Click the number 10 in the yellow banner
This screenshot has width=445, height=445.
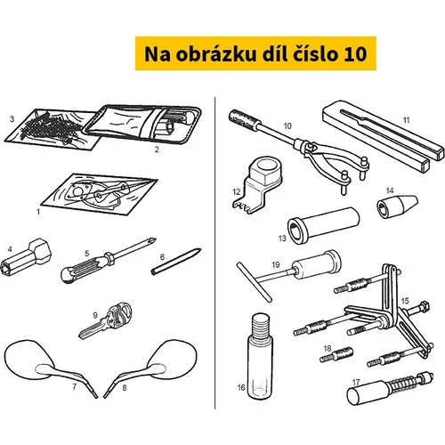[355, 54]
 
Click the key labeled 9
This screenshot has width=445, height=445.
[106, 320]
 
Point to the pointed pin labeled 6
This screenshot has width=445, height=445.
[176, 262]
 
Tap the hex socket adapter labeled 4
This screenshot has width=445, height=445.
[26, 256]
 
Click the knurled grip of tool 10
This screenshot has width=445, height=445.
[245, 120]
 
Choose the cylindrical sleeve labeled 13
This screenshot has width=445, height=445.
[323, 225]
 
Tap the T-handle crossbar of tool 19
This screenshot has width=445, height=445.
[255, 281]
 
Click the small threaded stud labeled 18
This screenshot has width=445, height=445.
[336, 354]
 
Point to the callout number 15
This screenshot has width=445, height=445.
[405, 301]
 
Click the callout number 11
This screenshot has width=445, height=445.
[406, 120]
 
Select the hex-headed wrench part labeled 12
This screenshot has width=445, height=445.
[256, 184]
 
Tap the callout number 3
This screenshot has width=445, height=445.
[12, 119]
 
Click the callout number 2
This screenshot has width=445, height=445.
[157, 150]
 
